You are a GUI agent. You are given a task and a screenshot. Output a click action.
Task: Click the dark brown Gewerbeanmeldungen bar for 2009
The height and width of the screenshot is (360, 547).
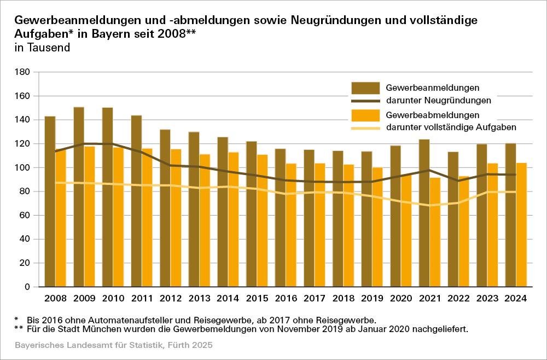pos(79,197)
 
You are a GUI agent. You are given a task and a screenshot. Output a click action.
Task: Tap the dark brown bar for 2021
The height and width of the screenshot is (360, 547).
pos(424,213)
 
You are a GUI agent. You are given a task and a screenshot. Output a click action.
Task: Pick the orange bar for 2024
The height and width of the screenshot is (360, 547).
pos(521,225)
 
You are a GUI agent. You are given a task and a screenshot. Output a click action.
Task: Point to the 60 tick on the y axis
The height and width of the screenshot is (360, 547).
pos(24,216)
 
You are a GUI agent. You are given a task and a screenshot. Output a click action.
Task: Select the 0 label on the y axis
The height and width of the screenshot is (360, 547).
pos(26,287)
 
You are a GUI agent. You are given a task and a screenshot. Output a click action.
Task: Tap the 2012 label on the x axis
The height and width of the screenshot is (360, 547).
pos(171,299)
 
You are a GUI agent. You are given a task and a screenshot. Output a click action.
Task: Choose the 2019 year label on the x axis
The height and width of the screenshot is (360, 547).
pos(372,299)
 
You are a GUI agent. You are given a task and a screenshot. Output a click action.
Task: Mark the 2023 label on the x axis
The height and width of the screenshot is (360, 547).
pos(487,299)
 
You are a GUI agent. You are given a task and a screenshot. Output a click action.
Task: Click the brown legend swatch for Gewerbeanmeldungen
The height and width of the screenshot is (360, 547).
pos(365,88)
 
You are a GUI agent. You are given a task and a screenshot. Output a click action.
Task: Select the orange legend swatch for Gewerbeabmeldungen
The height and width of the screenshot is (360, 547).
pos(365,115)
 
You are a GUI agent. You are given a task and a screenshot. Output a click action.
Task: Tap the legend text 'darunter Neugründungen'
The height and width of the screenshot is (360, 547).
pos(438,101)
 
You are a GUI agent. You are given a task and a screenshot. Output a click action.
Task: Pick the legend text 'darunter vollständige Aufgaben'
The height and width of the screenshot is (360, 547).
pos(451,127)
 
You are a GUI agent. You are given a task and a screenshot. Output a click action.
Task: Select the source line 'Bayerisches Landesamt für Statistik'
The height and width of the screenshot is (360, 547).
pos(88,346)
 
